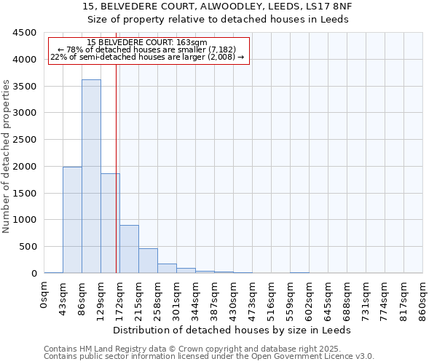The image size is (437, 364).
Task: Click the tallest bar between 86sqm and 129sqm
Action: click(91, 176)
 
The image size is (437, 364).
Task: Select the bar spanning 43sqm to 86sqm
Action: click(72, 220)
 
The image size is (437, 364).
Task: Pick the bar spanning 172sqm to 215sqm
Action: click(129, 249)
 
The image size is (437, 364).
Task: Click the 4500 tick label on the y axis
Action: click(25, 33)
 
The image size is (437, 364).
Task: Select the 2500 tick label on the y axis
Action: click(25, 140)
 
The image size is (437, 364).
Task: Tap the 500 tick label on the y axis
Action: click(28, 247)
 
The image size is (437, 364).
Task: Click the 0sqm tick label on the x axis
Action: click(44, 295)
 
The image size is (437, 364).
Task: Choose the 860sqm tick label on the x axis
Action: click(423, 298)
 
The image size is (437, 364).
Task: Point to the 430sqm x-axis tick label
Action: click(234, 298)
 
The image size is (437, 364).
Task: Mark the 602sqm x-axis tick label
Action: click(310, 298)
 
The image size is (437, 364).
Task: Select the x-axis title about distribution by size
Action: click(232, 330)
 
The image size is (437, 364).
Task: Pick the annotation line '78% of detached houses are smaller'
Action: click(149, 50)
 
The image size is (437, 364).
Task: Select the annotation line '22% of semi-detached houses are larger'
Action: click(148, 57)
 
